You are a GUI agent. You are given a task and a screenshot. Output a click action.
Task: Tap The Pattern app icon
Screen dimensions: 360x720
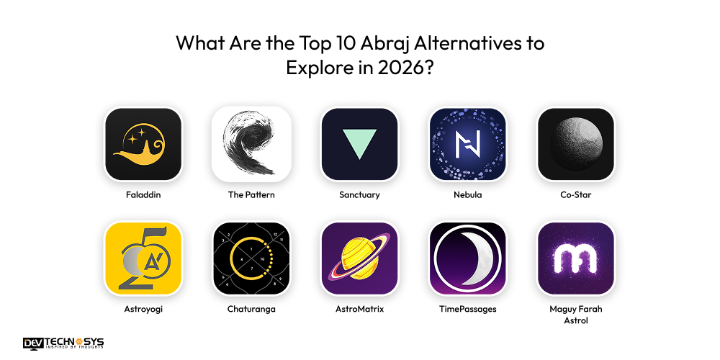251,144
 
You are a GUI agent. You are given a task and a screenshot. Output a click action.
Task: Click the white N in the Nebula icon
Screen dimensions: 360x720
467,144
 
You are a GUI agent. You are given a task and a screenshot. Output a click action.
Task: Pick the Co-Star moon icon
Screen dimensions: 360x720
575,144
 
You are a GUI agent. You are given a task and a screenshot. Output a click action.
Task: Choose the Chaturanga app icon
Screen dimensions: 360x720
251,258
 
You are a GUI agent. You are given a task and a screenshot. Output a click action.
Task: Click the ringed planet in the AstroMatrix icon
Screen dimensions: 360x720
359,258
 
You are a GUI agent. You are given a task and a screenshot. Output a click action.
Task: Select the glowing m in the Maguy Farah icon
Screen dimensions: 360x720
575,258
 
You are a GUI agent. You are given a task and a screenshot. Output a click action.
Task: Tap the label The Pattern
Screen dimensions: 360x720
251,194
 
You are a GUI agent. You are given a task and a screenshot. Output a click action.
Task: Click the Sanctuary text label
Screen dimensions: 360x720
359,194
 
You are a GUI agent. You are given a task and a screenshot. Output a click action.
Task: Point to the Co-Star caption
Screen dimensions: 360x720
575,194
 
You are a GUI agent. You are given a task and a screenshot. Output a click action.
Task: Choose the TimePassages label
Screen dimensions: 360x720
467,309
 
